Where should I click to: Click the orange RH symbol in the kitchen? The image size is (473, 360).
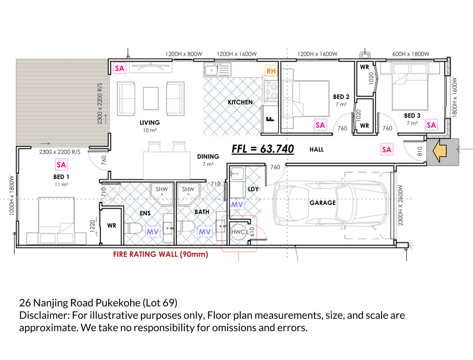pyautogui.click(x=271, y=71)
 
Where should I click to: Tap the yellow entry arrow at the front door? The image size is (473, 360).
pyautogui.click(x=440, y=150)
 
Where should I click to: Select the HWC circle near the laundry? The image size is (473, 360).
pyautogui.click(x=238, y=232)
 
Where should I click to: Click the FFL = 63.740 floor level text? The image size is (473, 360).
pyautogui.click(x=263, y=149)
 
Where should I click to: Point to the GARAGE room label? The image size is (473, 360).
pyautogui.click(x=322, y=203)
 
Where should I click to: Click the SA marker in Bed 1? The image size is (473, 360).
pyautogui.click(x=61, y=165)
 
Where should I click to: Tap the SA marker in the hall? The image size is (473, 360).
pyautogui.click(x=387, y=150)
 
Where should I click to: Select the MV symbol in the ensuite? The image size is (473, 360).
pyautogui.click(x=152, y=232)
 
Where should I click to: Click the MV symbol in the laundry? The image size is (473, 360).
pyautogui.click(x=237, y=205)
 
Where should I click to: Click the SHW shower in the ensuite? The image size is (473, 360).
pyautogui.click(x=162, y=194)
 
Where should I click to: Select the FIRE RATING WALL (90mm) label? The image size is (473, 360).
pyautogui.click(x=161, y=254)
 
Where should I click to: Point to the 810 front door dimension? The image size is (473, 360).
pyautogui.click(x=419, y=152)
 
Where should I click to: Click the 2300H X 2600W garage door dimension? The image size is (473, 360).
pyautogui.click(x=400, y=205)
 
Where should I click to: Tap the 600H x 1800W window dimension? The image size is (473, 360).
pyautogui.click(x=411, y=54)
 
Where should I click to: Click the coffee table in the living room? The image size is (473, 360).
pyautogui.click(x=151, y=98)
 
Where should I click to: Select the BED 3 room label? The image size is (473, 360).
pyautogui.click(x=412, y=116)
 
